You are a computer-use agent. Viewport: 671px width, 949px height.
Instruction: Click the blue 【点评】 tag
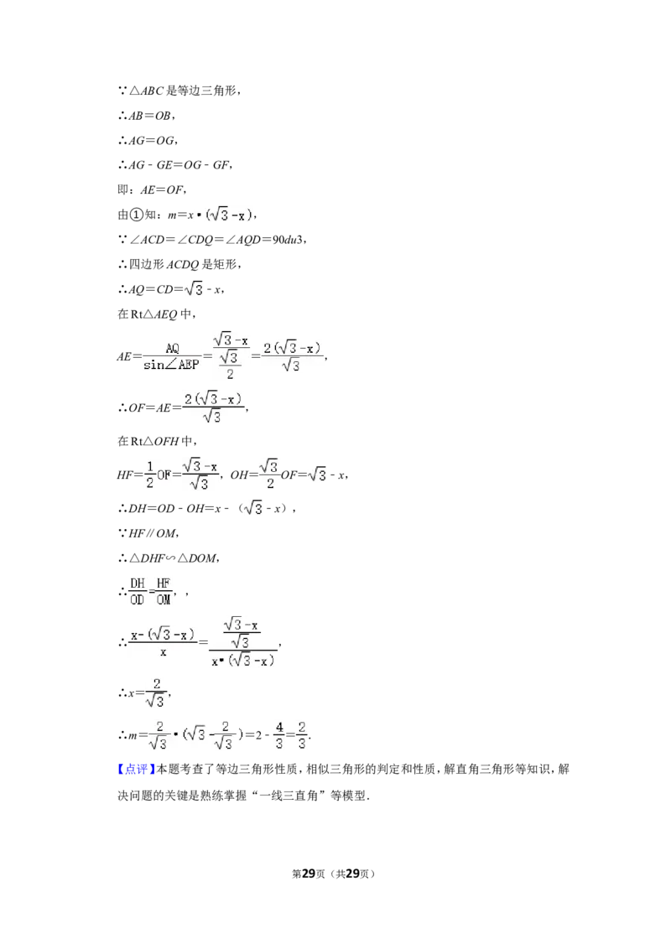[x=136, y=770]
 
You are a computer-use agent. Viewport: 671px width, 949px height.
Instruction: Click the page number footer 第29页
[x=309, y=874]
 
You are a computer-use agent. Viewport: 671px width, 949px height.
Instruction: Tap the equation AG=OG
[x=147, y=140]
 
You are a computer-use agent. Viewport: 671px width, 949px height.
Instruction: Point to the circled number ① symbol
[x=137, y=215]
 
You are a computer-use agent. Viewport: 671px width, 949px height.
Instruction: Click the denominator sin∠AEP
[x=171, y=365]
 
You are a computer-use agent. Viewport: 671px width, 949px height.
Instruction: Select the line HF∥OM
[x=148, y=533]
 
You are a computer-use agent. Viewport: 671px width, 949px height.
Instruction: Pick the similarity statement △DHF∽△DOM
[x=169, y=558]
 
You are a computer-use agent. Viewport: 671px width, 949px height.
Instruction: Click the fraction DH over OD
[x=138, y=591]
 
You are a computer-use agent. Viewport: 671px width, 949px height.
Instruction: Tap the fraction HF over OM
[x=164, y=591]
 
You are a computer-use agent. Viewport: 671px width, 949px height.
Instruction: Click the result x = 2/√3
[x=144, y=693]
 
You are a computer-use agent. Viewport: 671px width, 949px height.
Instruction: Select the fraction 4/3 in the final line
[x=279, y=734]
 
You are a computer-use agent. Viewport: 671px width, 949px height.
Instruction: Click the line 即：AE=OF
[x=152, y=190]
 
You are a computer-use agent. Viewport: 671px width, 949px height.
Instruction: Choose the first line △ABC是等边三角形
[x=179, y=91]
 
